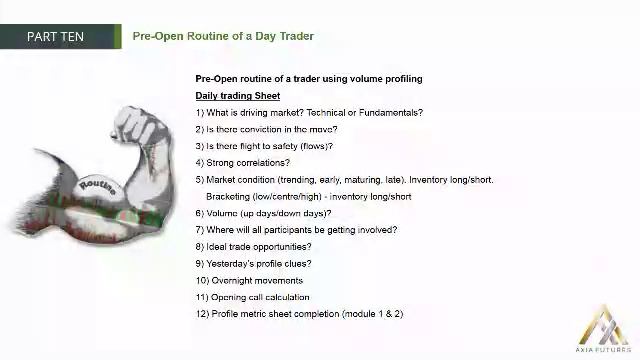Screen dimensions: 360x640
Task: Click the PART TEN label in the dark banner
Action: click(56, 37)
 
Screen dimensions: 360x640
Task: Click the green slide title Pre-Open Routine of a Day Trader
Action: click(223, 37)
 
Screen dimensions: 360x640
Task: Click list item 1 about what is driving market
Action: click(309, 113)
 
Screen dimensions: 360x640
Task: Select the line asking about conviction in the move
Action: click(266, 129)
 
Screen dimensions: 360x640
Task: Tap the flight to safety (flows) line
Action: click(264, 146)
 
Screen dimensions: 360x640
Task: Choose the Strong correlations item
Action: click(243, 163)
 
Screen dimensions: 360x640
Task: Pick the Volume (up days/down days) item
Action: click(263, 213)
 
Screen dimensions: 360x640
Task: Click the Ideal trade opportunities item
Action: click(253, 247)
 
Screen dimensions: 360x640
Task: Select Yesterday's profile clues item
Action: click(253, 264)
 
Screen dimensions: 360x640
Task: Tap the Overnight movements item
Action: click(249, 281)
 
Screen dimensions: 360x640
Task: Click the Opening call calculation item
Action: click(253, 297)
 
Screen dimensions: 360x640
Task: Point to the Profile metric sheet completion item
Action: click(299, 314)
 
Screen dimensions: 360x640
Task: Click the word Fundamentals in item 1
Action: click(391, 113)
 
